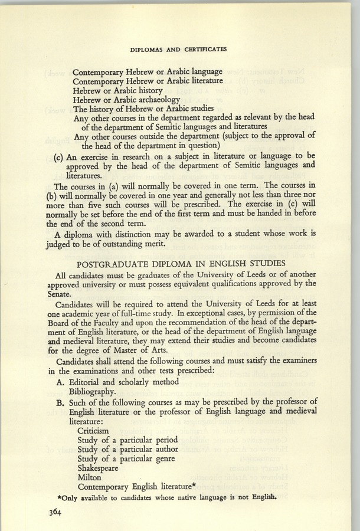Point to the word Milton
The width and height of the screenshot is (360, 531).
pos(89,476)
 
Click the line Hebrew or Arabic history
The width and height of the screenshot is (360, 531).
pos(117,90)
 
